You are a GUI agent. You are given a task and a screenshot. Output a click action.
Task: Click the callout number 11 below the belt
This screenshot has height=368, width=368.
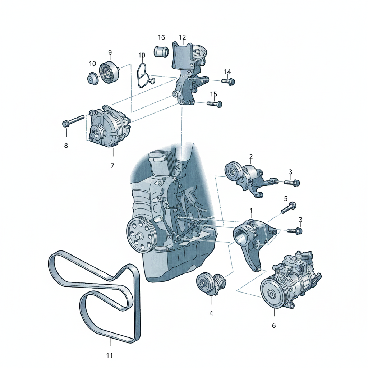click(x=110, y=355)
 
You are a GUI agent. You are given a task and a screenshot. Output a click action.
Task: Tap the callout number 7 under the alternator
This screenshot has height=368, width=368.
click(x=112, y=166)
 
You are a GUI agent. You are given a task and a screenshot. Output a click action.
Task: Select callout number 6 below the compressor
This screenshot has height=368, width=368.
click(x=274, y=326)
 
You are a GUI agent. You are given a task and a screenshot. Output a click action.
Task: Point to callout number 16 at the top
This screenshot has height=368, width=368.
click(x=161, y=37)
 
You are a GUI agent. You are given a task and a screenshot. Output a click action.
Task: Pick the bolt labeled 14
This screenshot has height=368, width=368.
click(x=228, y=81)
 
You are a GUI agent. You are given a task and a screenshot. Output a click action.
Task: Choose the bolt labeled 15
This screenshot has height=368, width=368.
click(x=215, y=103)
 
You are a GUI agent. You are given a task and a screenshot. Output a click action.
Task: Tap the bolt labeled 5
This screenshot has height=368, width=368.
click(x=289, y=208)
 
